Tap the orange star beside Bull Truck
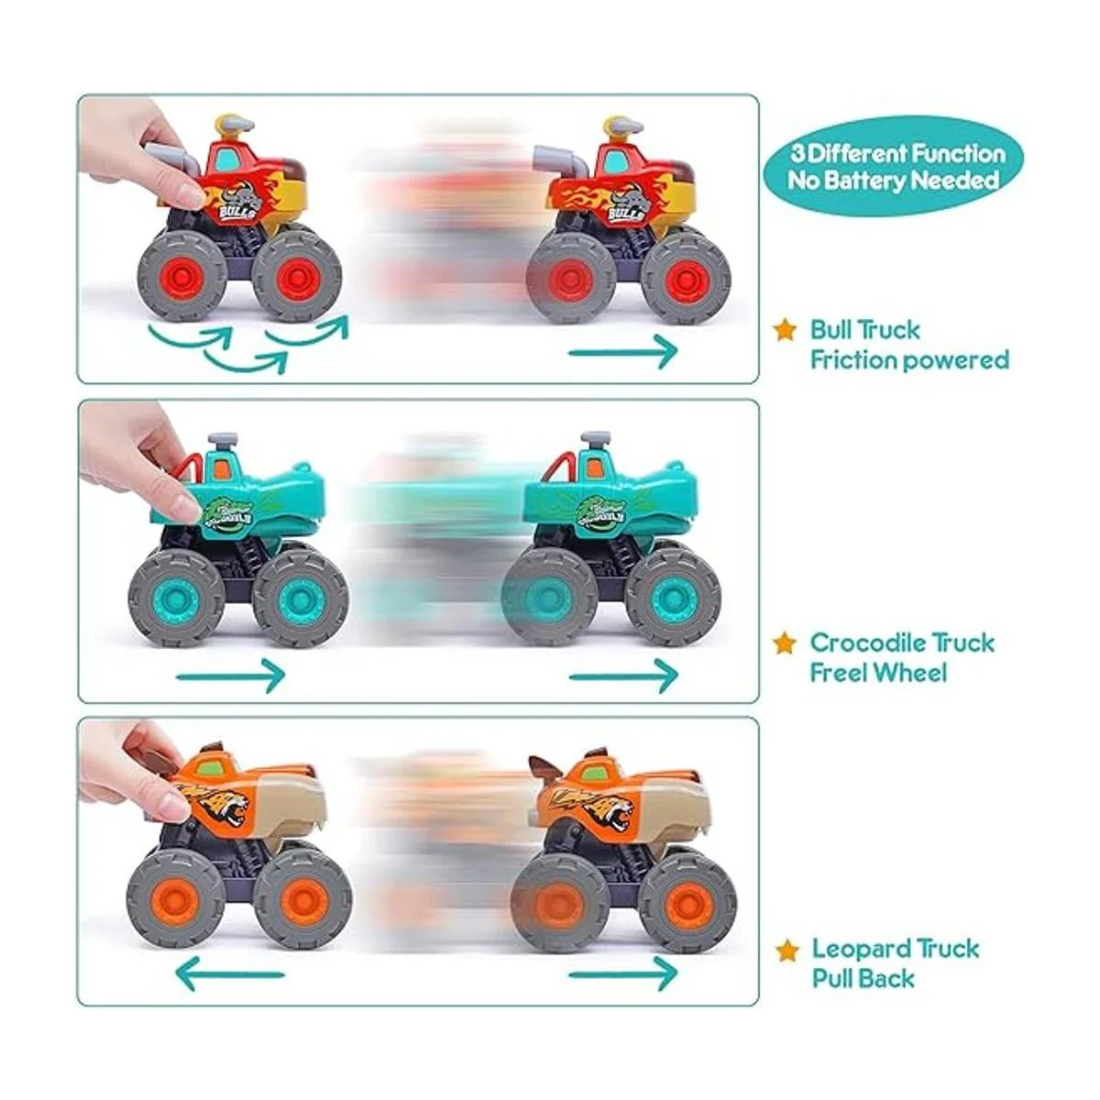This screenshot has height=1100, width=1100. pyautogui.click(x=785, y=330)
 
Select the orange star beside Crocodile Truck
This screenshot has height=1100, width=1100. pyautogui.click(x=785, y=643)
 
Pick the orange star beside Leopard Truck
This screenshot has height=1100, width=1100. pyautogui.click(x=785, y=949)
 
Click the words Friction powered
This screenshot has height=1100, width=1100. pyautogui.click(x=908, y=359)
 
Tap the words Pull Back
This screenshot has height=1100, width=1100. pyautogui.click(x=863, y=978)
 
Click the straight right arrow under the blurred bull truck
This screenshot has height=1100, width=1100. pyautogui.click(x=623, y=350)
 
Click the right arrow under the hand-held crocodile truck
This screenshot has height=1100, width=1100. pyautogui.click(x=230, y=677)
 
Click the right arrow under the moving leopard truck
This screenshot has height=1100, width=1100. pyautogui.click(x=623, y=972)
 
